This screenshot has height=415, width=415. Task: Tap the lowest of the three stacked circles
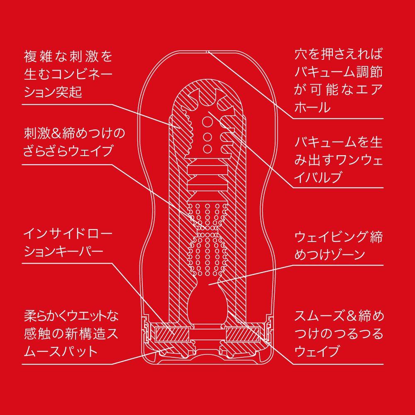(x=207, y=148)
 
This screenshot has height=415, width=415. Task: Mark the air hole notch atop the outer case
(x=207, y=51)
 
